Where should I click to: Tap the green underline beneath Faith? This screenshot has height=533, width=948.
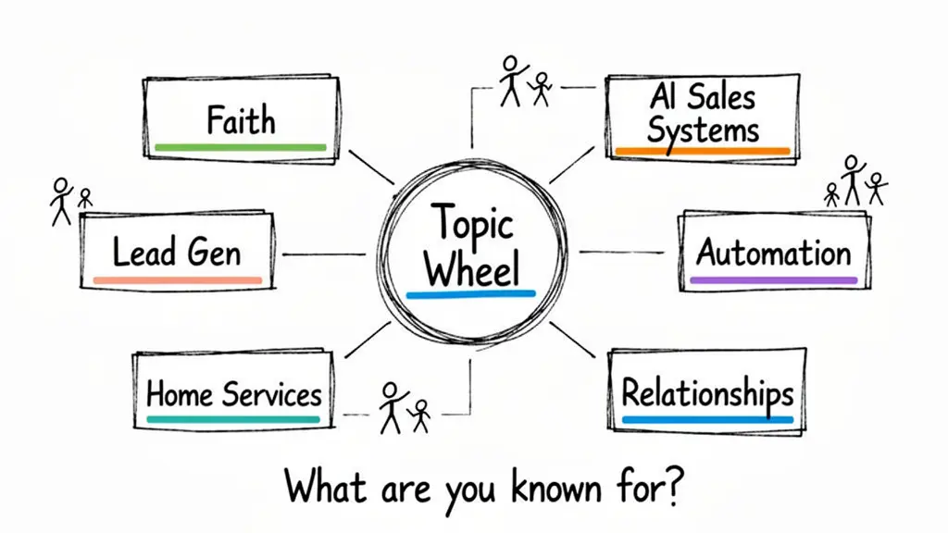[x=241, y=147]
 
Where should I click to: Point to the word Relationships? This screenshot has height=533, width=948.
[x=707, y=393]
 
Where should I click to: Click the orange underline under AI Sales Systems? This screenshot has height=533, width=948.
[x=703, y=150]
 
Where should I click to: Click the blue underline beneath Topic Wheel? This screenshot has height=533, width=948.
[x=471, y=295]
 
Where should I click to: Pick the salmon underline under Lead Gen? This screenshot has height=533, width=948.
[x=178, y=279]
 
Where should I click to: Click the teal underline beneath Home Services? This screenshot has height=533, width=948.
[x=232, y=418]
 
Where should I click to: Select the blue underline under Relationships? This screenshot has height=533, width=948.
[x=707, y=420]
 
